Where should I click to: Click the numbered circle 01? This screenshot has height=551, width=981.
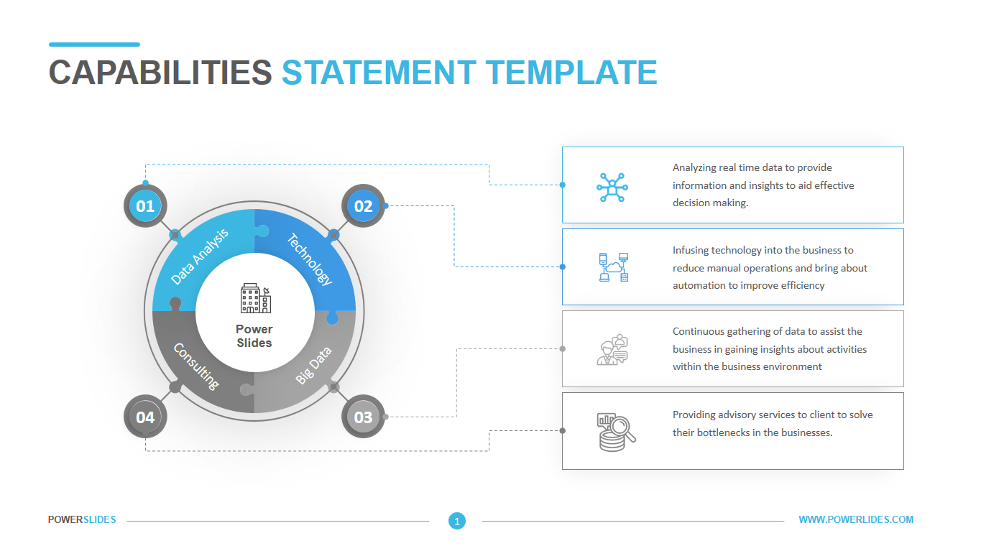coord(145,206)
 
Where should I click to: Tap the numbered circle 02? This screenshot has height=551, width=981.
coord(363,206)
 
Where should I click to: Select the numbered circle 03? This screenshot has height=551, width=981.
coord(363,417)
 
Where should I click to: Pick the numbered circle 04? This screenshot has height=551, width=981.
coord(145,417)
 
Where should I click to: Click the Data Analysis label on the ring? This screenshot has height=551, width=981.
coord(201,256)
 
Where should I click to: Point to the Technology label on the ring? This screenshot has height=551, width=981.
coord(310,259)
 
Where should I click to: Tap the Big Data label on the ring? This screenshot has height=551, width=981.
coord(313,365)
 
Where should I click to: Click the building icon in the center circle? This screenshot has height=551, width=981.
coord(255,298)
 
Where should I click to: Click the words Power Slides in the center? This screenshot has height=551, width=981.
coord(254,336)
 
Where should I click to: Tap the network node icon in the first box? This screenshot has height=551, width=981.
coord(612,187)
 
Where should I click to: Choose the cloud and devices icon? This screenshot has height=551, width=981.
coord(613,267)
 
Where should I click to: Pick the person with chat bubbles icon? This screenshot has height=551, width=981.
coord(612,350)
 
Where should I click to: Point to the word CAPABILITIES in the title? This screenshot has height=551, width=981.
coord(160,73)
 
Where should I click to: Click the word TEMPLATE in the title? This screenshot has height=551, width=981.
coord(571,73)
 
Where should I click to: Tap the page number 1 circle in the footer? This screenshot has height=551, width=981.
coord(456,521)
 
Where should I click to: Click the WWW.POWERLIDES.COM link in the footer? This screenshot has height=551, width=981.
coord(856,519)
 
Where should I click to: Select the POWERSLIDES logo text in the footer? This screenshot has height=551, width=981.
coord(82,519)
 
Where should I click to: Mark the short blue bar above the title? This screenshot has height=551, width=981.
coord(94,45)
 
